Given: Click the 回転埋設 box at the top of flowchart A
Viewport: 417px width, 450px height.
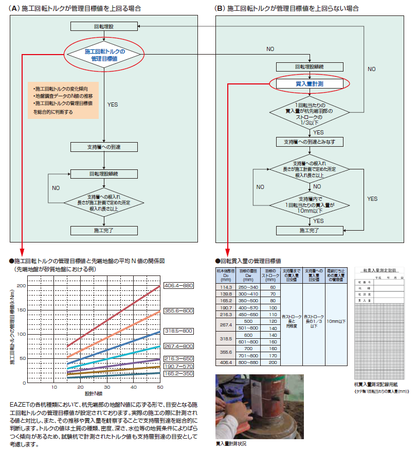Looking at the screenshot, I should pyautogui.click(x=104, y=26).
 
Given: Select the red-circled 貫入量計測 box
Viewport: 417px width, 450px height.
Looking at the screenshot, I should pyautogui.click(x=309, y=83).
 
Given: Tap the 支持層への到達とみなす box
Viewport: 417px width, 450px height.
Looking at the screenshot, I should pyautogui.click(x=309, y=141).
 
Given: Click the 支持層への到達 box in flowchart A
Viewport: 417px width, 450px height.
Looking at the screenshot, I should pyautogui.click(x=104, y=147).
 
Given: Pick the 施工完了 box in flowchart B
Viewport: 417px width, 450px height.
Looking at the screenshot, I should pyautogui.click(x=309, y=231).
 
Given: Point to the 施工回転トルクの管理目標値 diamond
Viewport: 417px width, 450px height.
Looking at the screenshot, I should pyautogui.click(x=104, y=55).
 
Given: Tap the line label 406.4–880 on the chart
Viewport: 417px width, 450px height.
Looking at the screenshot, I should pyautogui.click(x=178, y=285).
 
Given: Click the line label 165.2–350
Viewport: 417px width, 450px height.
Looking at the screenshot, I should pyautogui.click(x=178, y=373).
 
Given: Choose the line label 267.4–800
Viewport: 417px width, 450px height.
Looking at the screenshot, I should pyautogui.click(x=178, y=346).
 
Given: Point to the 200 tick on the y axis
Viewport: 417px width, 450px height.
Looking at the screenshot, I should pyautogui.click(x=21, y=285).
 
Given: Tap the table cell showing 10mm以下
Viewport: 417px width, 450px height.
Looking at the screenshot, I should pyautogui.click(x=336, y=320).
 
